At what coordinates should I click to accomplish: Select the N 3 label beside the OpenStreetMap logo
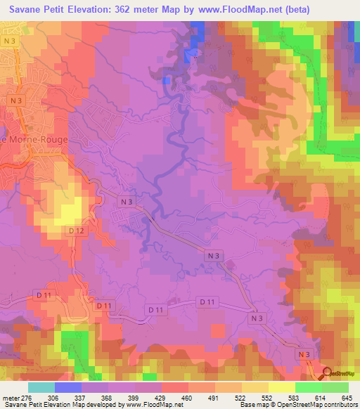pyautogui.click(x=304, y=355)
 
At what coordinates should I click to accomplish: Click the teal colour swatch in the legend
pyautogui.click(x=41, y=388)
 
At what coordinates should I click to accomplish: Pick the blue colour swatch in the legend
pyautogui.click(x=68, y=388)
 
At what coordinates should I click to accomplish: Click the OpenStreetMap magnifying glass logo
pyautogui.click(x=328, y=372)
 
